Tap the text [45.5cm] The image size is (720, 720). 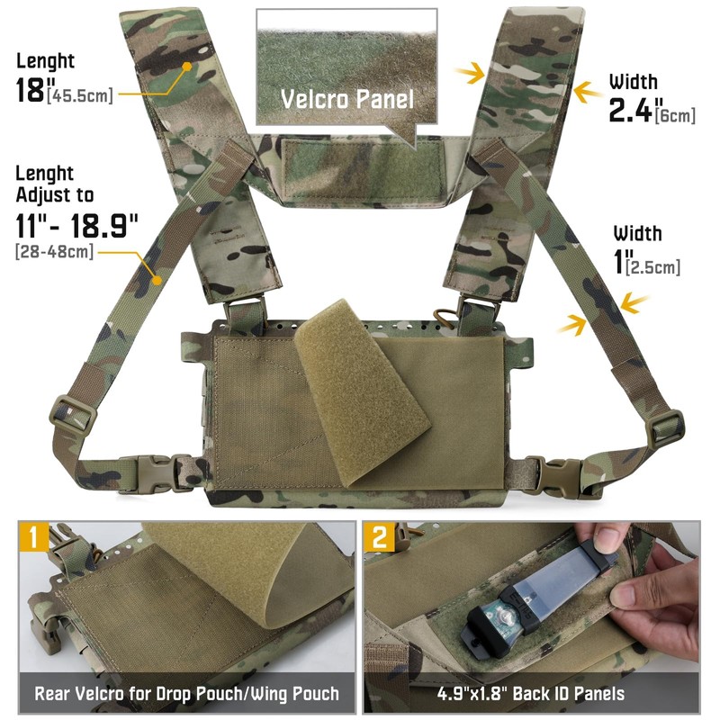pyautogui.click(x=85, y=95)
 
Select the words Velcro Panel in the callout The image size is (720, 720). pyautogui.click(x=346, y=99)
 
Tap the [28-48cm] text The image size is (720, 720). pyautogui.click(x=54, y=251)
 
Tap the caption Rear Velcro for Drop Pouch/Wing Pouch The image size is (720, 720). pyautogui.click(x=186, y=694)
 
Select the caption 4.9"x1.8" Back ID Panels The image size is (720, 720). pyautogui.click(x=530, y=694)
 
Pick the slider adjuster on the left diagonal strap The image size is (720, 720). pyautogui.click(x=72, y=412)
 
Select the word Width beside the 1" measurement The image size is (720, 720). pyautogui.click(x=637, y=234)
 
